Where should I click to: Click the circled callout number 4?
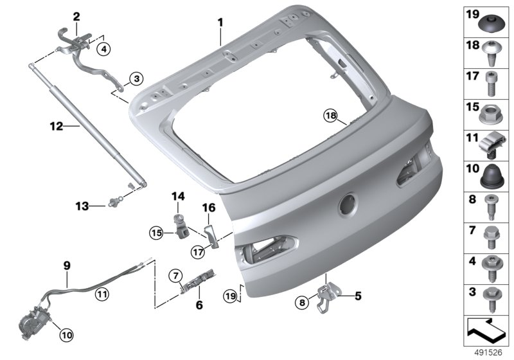click(103, 50)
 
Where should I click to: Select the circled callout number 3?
click(136, 78)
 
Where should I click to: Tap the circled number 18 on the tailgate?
click(331, 116)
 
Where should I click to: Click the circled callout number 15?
click(156, 233)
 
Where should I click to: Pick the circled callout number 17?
click(198, 253)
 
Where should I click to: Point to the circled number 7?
click(175, 274)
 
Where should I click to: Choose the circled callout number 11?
click(102, 294)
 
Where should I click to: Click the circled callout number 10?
click(66, 335)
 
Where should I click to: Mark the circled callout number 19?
click(230, 296)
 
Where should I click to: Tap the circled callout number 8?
click(302, 302)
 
